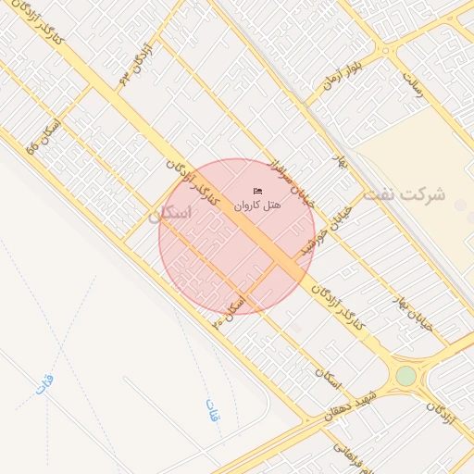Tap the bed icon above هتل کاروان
click(x=257, y=191)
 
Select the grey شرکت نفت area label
click(x=404, y=195)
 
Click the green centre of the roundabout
click(x=405, y=376)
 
